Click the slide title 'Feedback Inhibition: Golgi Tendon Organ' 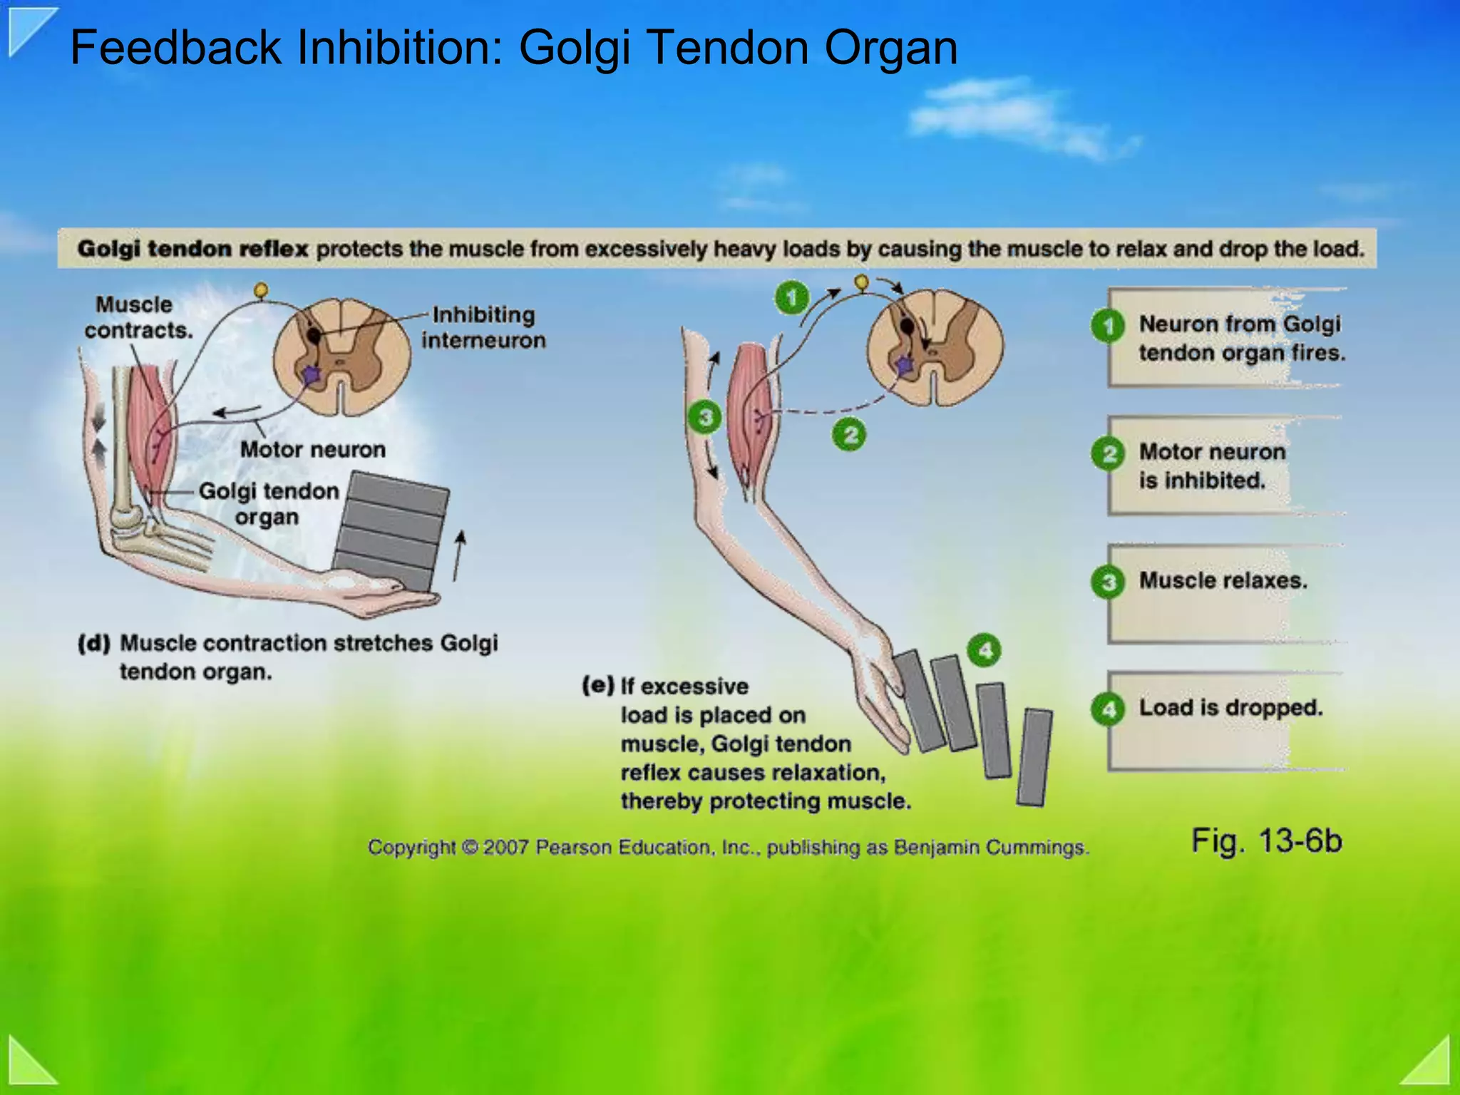[x=513, y=48]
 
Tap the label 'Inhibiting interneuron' [x=483, y=327]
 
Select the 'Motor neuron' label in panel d [x=312, y=450]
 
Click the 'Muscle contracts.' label [x=138, y=317]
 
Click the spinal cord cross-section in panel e [x=935, y=347]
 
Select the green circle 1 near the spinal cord [x=791, y=297]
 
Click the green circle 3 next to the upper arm [x=704, y=417]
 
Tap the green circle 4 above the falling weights [x=985, y=650]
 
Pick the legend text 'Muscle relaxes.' [x=1223, y=580]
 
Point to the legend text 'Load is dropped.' [x=1230, y=707]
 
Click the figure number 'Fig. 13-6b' [x=1266, y=840]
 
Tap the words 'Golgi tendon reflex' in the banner [x=192, y=249]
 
